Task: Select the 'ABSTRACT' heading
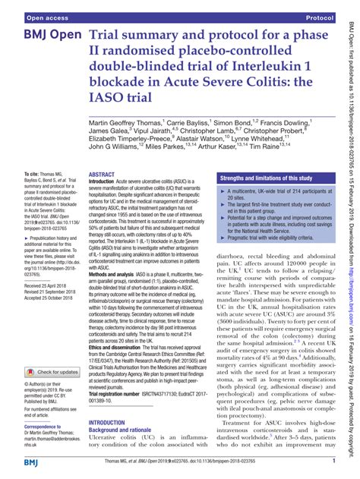click(103, 195)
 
